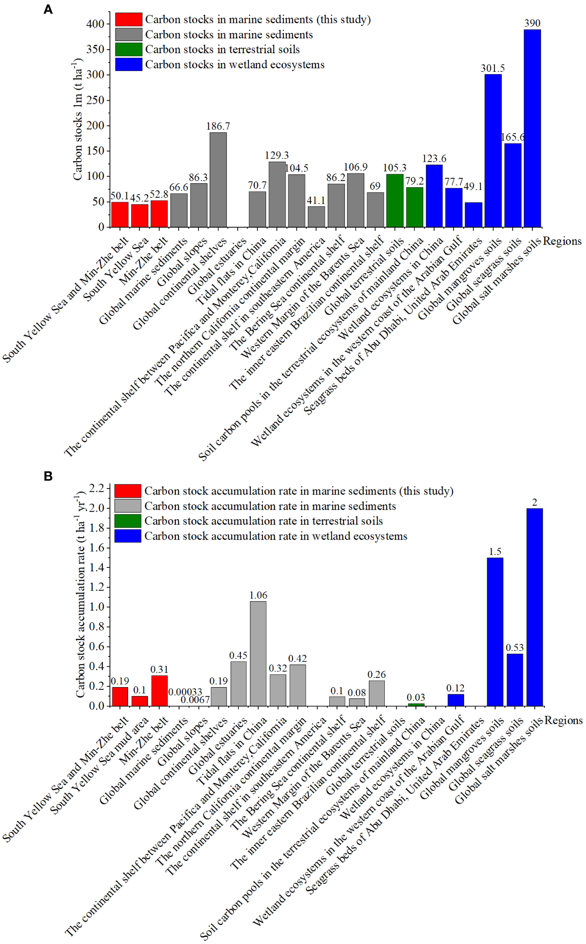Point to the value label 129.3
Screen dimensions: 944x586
click(277, 155)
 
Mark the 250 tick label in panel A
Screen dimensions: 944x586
click(95, 100)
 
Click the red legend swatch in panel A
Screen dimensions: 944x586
click(129, 19)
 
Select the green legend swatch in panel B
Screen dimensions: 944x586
click(128, 521)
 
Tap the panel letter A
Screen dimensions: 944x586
click(48, 9)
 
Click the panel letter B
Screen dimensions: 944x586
click(48, 476)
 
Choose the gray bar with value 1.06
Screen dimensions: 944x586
click(258, 653)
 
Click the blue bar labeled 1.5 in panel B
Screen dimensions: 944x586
click(495, 632)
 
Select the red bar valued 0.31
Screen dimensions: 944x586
click(159, 690)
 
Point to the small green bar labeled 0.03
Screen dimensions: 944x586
click(415, 704)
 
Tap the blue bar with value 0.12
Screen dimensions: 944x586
click(456, 700)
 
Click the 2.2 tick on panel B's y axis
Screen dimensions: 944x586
click(96, 488)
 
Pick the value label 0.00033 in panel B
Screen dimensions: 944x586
click(185, 692)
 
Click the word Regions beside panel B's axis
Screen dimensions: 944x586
click(563, 720)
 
